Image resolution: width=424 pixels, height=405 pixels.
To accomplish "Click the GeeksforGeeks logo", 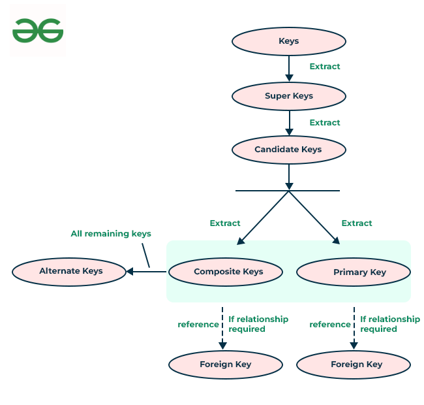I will [38, 31].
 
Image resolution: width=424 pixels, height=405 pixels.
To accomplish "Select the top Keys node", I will [288, 41].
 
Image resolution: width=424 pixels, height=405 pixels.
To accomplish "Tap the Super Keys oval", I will [288, 96].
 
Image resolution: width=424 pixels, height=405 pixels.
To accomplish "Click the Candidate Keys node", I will [288, 150].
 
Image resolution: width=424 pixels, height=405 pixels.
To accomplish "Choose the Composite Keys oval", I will [226, 272].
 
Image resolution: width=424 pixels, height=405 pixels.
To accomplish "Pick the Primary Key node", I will [354, 272].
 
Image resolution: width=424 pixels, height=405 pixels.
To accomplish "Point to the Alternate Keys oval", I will [69, 271].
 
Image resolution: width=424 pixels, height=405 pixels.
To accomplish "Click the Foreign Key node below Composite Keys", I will [226, 364].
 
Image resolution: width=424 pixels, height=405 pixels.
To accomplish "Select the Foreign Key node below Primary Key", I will [354, 364].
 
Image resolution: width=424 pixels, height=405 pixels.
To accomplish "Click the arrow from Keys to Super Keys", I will [289, 69].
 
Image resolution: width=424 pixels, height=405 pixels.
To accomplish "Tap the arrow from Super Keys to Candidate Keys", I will [289, 123].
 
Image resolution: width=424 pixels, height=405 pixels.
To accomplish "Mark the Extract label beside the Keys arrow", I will [324, 67].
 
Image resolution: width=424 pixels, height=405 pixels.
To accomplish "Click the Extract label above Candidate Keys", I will [324, 123].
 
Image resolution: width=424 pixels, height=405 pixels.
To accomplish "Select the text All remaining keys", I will [111, 234].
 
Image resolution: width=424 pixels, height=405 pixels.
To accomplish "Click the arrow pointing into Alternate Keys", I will [146, 271].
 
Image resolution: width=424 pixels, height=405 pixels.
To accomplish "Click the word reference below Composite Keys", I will [198, 325].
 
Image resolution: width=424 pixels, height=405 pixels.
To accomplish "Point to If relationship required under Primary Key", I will [389, 324].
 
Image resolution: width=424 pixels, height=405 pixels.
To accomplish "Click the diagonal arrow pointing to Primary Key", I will [315, 218].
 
